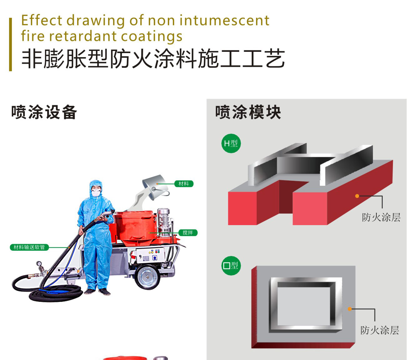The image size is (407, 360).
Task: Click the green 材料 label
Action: tap(184, 184)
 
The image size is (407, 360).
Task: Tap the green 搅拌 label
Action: tap(188, 233)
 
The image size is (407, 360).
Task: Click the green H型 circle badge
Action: tap(231, 143)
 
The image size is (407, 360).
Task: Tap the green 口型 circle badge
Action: tap(231, 266)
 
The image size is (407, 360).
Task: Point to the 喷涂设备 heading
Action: tap(44, 112)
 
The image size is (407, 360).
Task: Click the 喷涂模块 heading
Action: tap(248, 112)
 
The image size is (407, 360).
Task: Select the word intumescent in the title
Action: tap(224, 21)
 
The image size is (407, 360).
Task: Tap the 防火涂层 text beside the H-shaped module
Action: tap(381, 217)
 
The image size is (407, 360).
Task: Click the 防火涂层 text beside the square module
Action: tap(379, 330)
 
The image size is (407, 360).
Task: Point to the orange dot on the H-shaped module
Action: tap(357, 196)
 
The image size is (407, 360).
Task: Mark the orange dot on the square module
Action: tap(350, 309)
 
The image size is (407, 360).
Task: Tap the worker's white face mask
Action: tap(96, 193)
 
